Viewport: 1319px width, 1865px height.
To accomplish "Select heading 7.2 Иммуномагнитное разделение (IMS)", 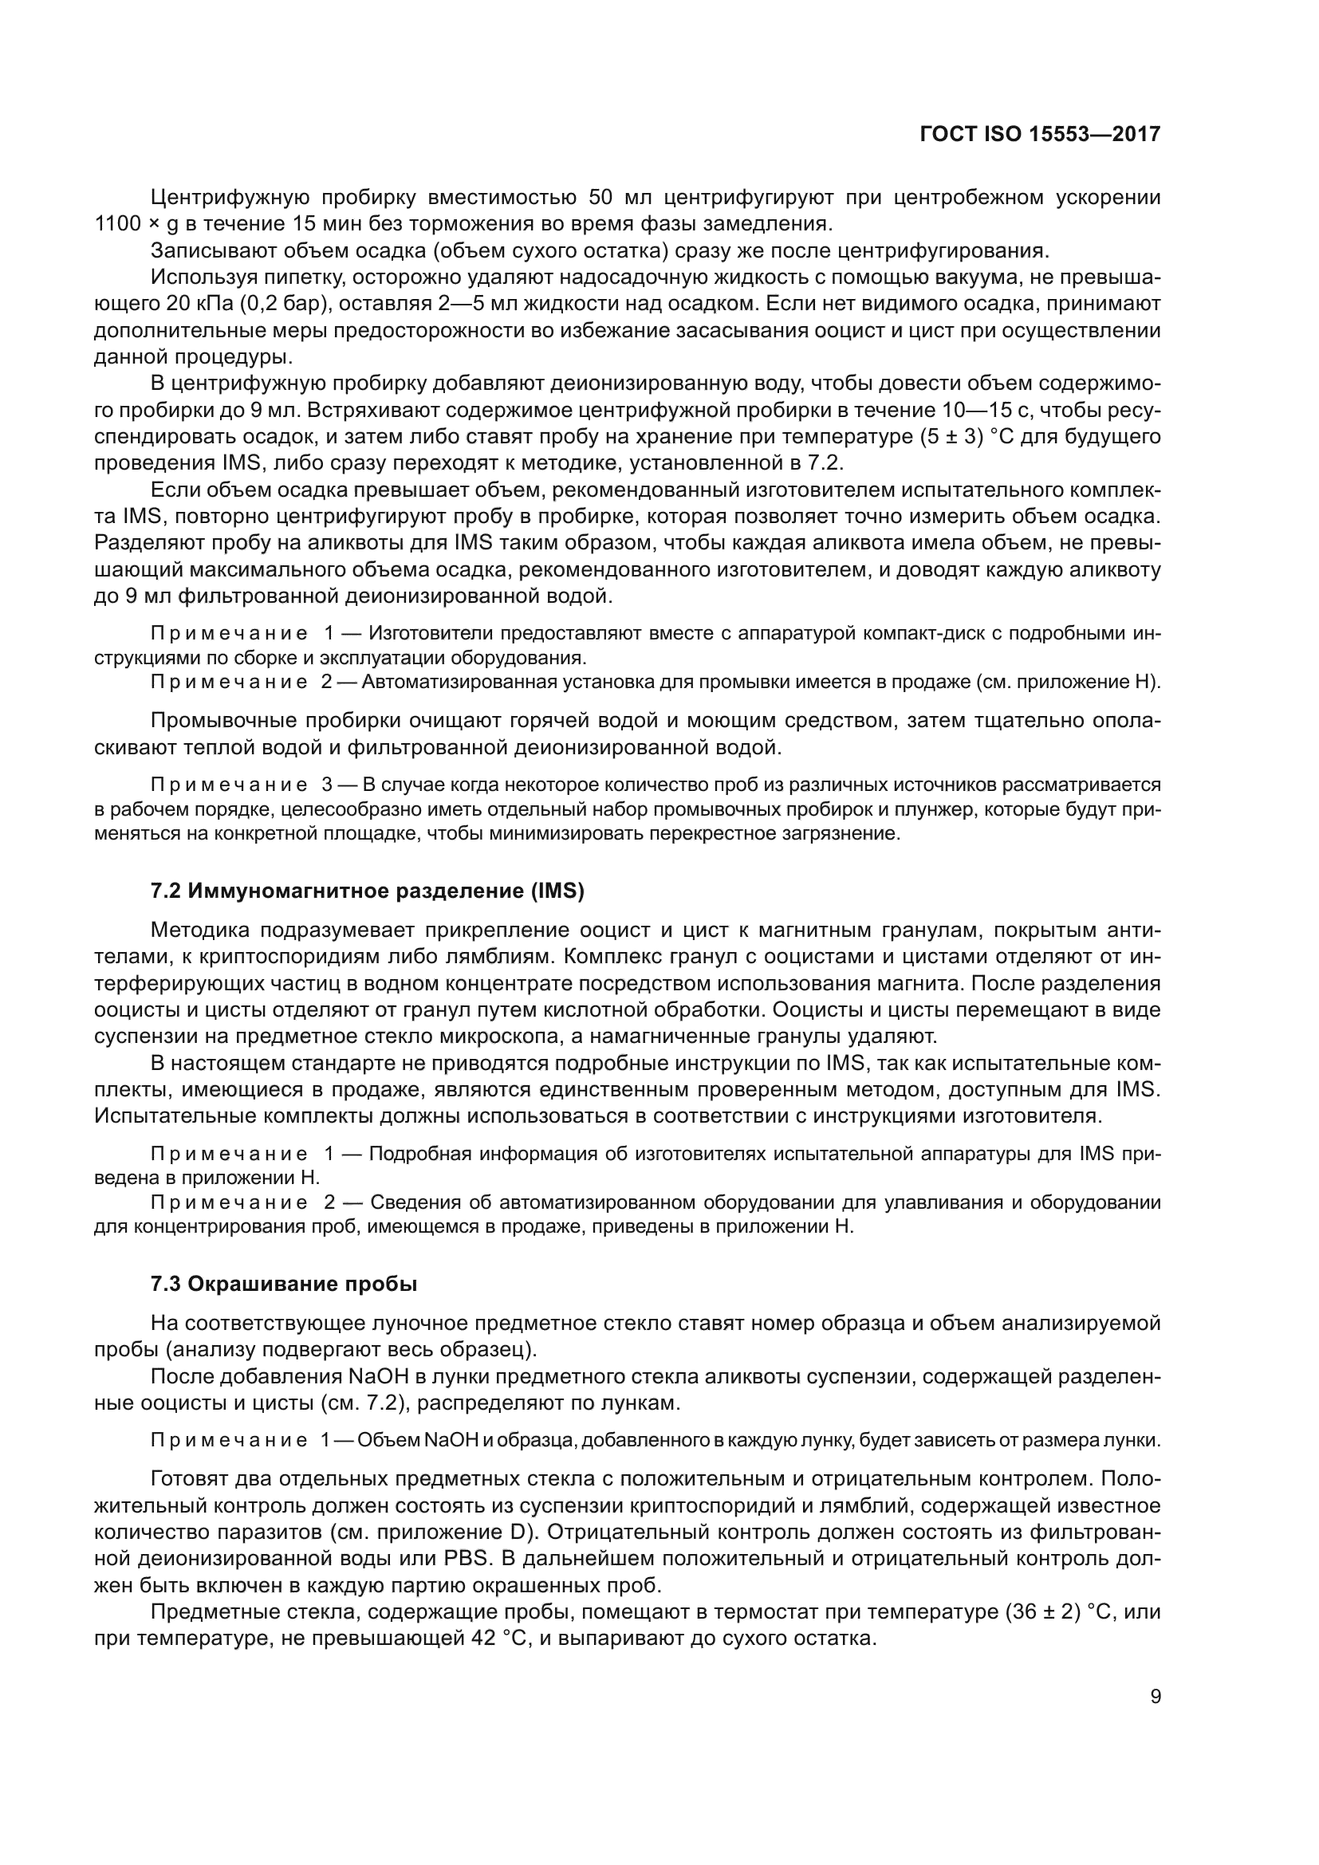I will click(x=367, y=891).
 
